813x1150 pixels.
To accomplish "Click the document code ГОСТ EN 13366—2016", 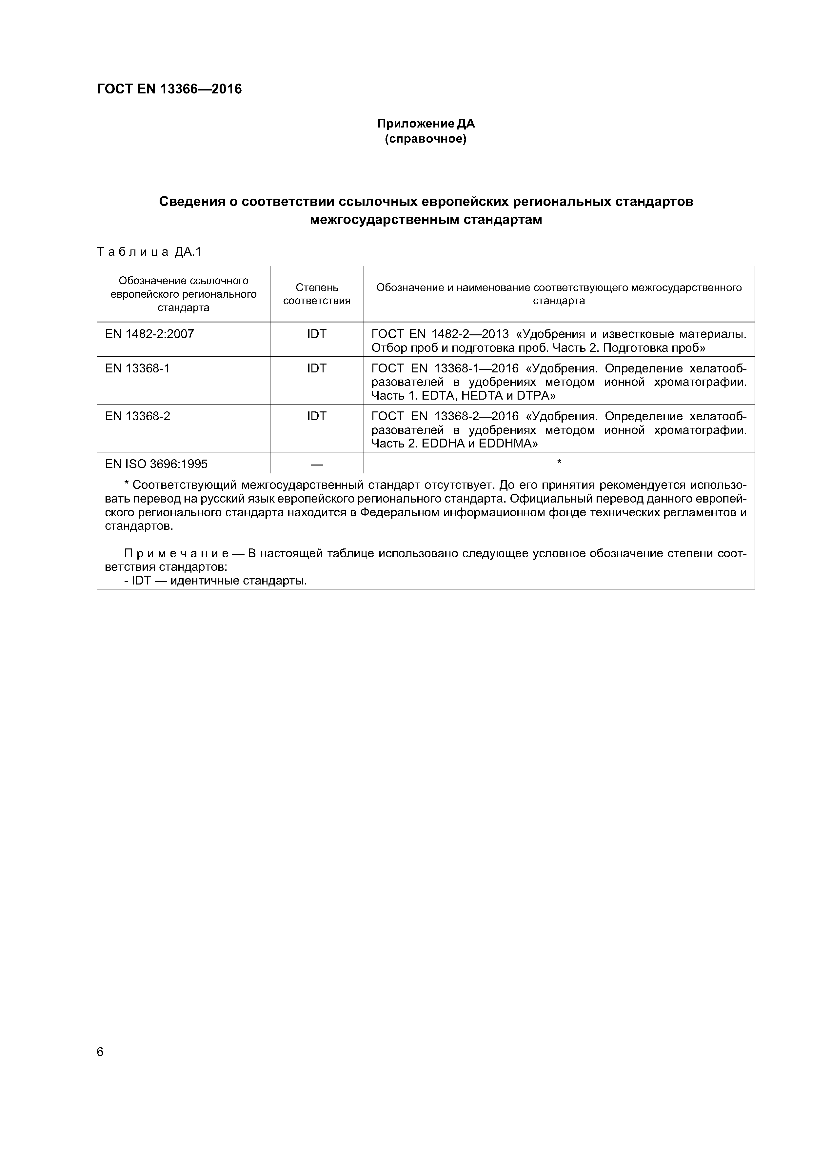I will coord(169,89).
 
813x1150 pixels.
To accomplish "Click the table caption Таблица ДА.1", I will coord(149,252).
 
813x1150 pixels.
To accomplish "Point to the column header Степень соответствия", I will coord(317,294).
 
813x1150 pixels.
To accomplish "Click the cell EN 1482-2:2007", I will coord(149,334).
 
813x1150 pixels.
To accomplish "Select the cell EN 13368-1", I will coord(137,369).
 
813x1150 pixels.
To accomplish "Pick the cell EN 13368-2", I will coord(137,416).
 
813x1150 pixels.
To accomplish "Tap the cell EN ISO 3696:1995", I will coord(156,464).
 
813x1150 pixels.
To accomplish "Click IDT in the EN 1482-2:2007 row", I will coord(317,334).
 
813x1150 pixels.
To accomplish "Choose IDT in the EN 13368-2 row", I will coord(317,416).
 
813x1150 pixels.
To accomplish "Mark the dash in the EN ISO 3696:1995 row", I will coord(317,464).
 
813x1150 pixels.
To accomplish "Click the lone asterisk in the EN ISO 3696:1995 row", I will coord(559,462).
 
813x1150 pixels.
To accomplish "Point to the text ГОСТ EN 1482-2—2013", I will coord(440,334).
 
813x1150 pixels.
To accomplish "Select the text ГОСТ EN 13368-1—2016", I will coord(445,369).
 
